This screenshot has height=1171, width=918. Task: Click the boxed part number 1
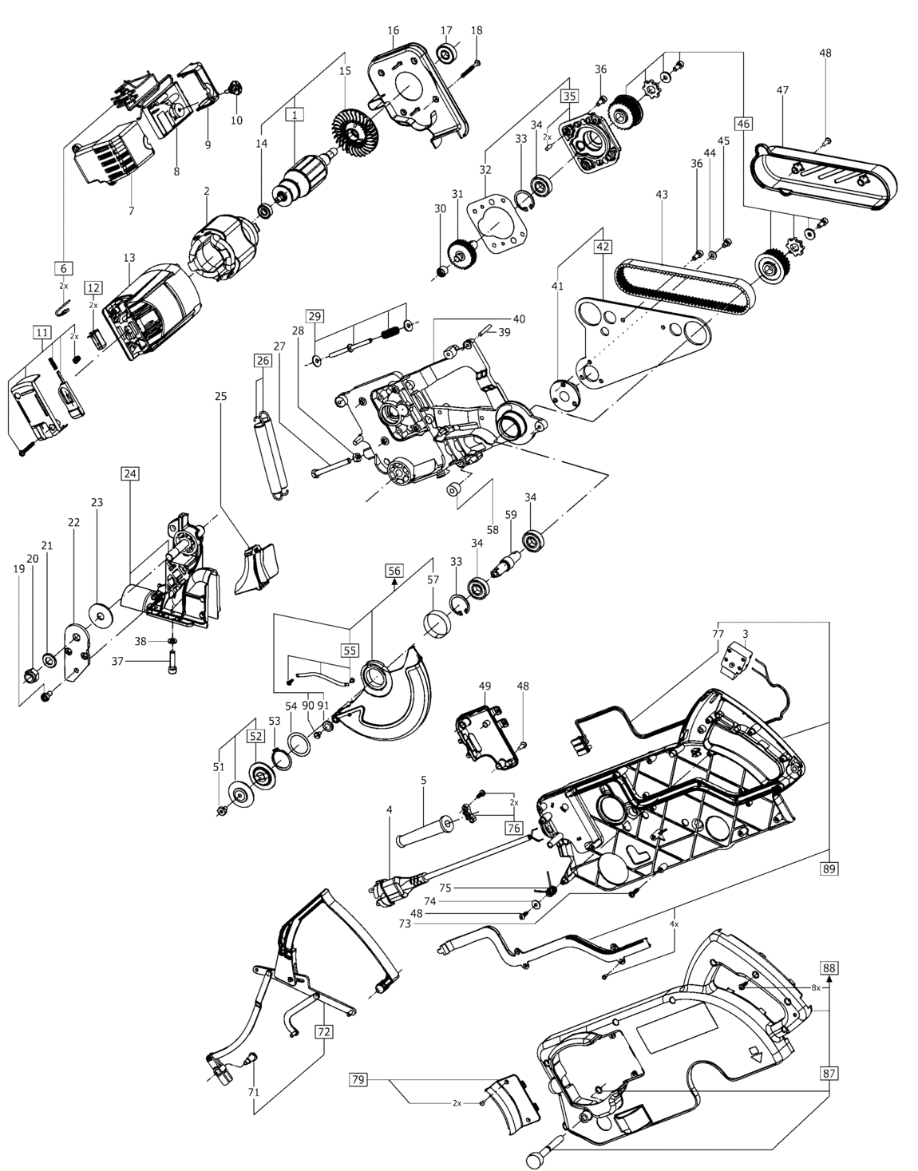tap(295, 115)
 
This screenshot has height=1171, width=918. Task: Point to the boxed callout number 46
tap(743, 124)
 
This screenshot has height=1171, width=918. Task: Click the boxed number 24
tap(130, 473)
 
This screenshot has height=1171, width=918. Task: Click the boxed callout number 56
tap(394, 570)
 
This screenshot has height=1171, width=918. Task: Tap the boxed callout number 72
tap(323, 1031)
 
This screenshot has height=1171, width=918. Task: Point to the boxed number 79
tap(359, 1080)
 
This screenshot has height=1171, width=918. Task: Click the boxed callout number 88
tap(829, 968)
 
